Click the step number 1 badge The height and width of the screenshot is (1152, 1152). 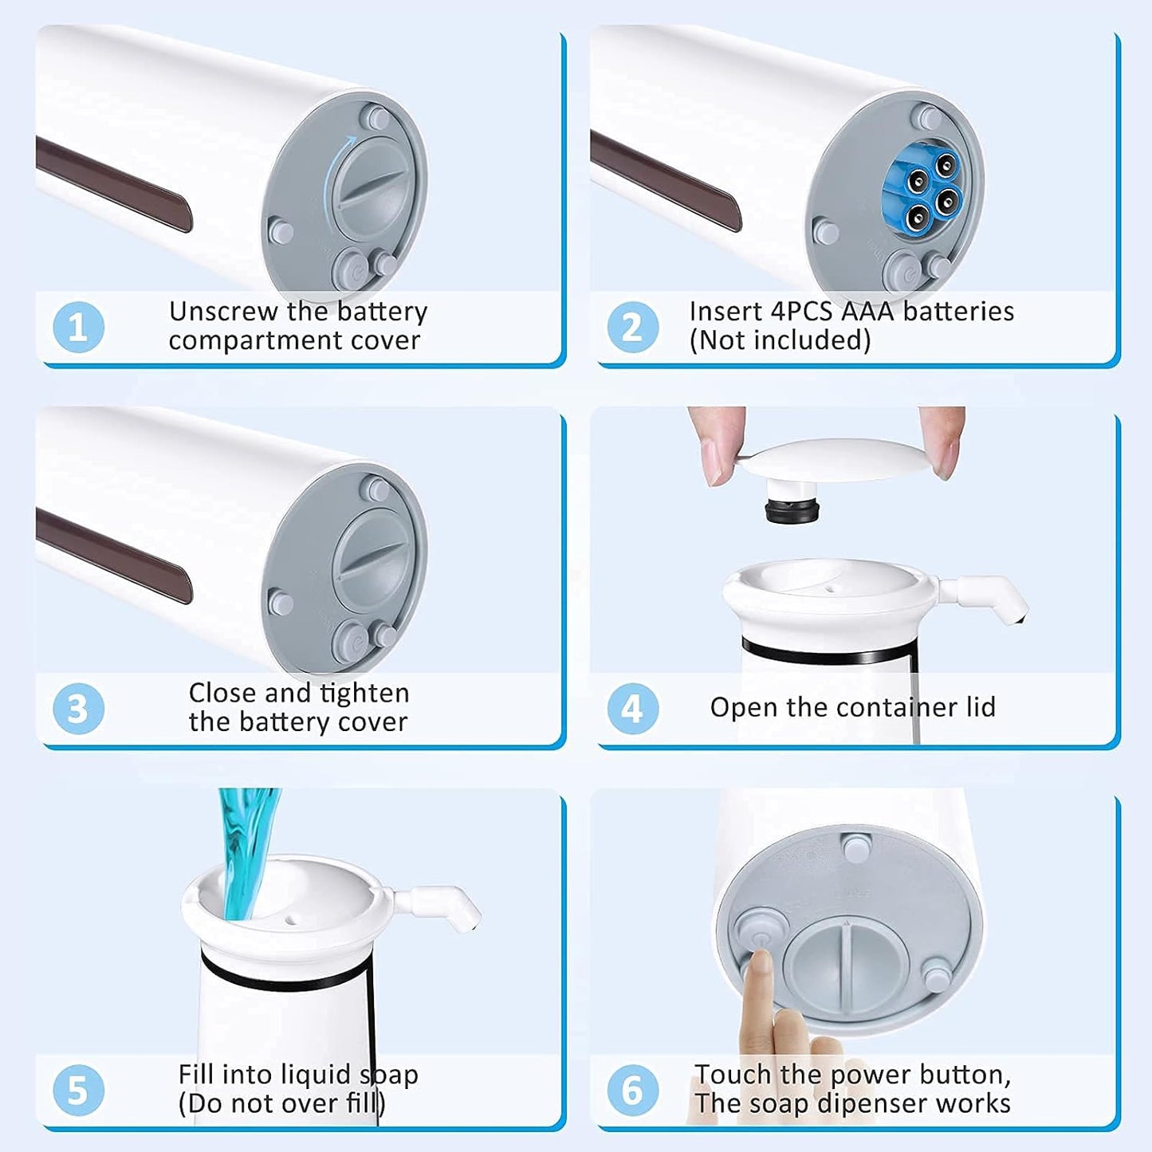tap(78, 327)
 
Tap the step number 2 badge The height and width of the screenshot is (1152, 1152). tap(632, 327)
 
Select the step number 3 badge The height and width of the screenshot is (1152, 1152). tap(78, 709)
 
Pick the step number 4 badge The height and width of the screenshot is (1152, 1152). tap(632, 709)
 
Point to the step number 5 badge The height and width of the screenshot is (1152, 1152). tap(78, 1090)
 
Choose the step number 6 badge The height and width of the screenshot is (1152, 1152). tap(632, 1090)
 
